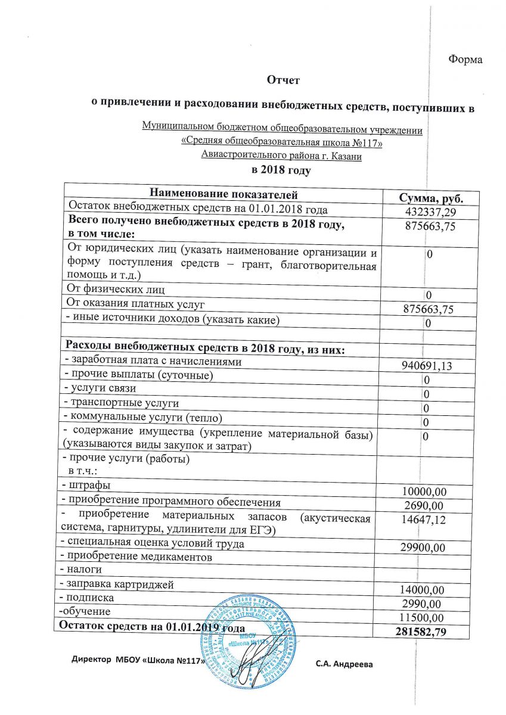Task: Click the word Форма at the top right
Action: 464,60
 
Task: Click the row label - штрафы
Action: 85,485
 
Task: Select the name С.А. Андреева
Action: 344,664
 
